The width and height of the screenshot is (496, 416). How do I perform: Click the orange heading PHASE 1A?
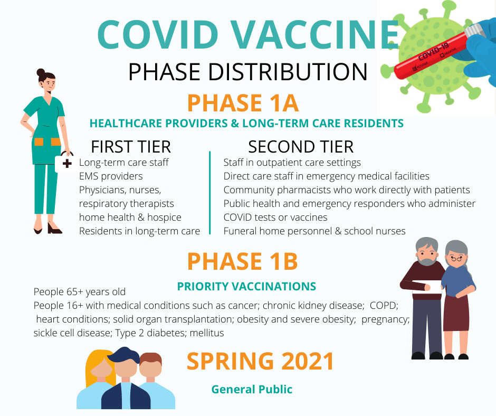[x=243, y=103]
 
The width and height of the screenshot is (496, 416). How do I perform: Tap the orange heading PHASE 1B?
[x=243, y=261]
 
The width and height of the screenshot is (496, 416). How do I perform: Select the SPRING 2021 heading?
[x=260, y=361]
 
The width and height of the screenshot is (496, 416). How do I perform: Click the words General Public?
[x=252, y=390]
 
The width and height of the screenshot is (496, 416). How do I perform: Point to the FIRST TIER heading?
[x=131, y=147]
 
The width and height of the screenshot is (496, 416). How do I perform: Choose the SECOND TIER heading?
[x=301, y=147]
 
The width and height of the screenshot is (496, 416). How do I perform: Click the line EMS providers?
[x=111, y=176]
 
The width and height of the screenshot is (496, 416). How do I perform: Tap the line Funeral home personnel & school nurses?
[x=314, y=231]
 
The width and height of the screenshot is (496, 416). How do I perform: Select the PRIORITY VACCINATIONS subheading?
[x=246, y=286]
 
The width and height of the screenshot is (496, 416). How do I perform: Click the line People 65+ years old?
[x=79, y=291]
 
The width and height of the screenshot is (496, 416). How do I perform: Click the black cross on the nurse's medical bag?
[x=66, y=164]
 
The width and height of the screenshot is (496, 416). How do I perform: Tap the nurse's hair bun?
[x=41, y=72]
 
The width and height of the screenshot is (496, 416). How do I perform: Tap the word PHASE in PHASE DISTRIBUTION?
[x=164, y=72]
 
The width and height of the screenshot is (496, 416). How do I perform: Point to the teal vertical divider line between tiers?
[x=209, y=193]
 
